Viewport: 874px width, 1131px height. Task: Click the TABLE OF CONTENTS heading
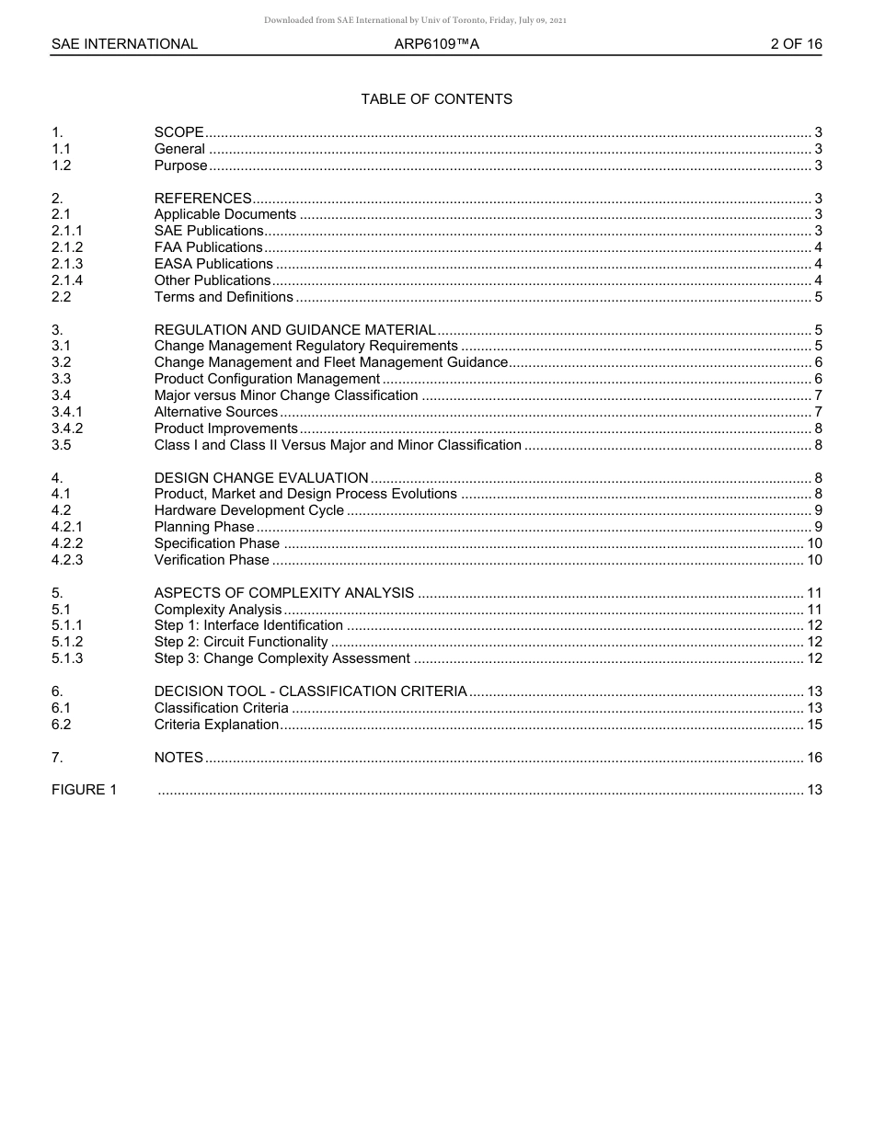click(x=436, y=99)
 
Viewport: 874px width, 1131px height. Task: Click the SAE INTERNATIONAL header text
click(x=124, y=44)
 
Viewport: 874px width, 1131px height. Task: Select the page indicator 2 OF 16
click(x=796, y=44)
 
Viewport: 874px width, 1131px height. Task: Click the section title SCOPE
click(x=178, y=132)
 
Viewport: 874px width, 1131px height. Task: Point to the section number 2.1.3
click(x=67, y=264)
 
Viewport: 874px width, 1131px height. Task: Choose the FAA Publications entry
click(x=208, y=247)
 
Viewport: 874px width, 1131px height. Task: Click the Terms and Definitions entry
click(x=224, y=297)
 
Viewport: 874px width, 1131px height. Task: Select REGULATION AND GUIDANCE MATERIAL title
click(x=294, y=330)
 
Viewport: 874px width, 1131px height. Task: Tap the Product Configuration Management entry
click(x=267, y=379)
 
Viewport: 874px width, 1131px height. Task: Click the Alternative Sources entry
click(x=215, y=412)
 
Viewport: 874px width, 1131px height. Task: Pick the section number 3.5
click(x=62, y=445)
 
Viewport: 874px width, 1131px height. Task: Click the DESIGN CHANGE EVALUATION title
click(x=261, y=478)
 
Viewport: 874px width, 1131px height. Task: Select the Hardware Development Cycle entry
click(x=248, y=510)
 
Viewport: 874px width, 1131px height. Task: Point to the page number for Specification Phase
click(x=813, y=543)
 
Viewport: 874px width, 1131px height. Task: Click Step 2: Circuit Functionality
click(x=241, y=642)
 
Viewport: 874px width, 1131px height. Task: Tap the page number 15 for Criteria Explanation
click(x=813, y=725)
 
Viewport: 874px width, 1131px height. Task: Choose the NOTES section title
click(x=178, y=758)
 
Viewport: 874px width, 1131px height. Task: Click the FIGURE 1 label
click(x=84, y=790)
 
